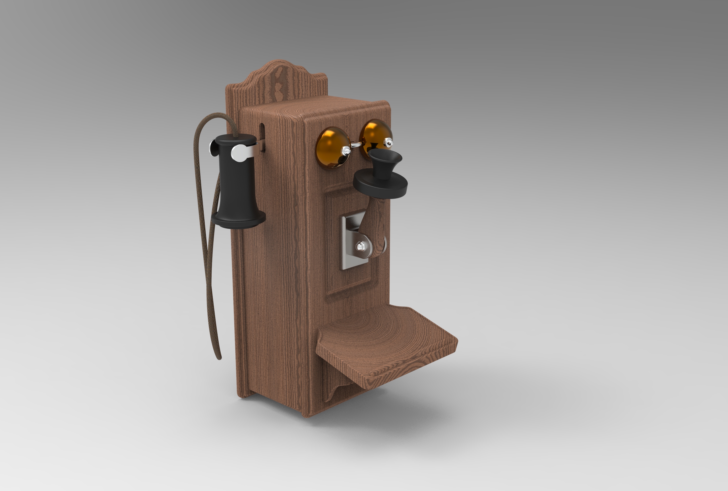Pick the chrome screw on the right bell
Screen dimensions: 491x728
click(x=389, y=143)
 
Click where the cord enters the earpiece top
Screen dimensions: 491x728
click(x=234, y=136)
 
